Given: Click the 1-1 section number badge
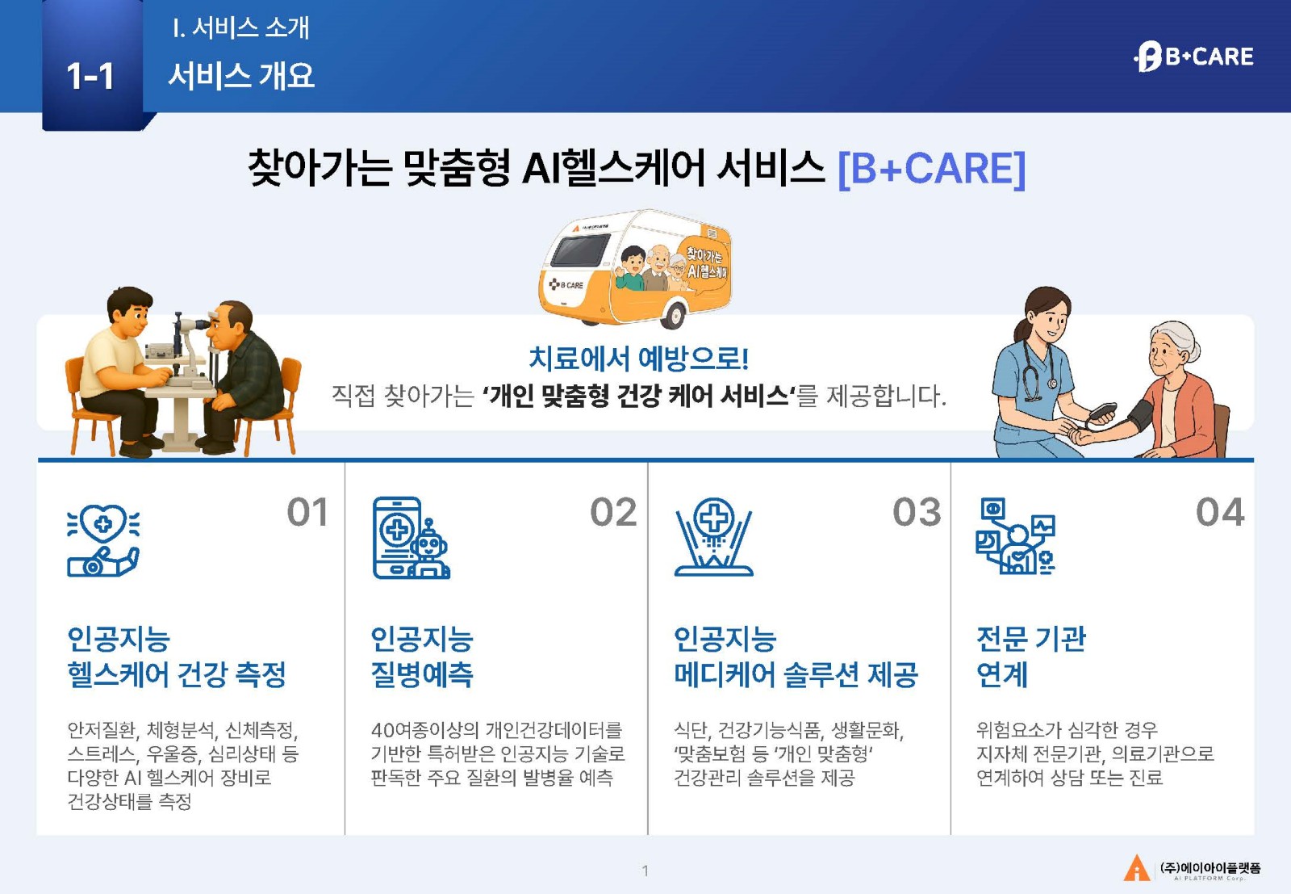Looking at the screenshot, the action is tap(92, 65).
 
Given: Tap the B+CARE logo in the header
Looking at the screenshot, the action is tap(1193, 57).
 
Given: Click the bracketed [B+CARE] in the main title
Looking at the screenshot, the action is tap(931, 169).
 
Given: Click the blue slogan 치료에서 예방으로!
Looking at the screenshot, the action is tap(638, 359).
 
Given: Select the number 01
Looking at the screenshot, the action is tap(307, 512).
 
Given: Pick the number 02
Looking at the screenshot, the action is tap(612, 512).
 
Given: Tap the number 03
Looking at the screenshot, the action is tap(917, 512).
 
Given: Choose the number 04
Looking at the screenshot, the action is tap(1219, 512).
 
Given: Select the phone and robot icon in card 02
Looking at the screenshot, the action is tap(411, 538).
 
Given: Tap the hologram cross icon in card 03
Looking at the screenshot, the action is tap(713, 536).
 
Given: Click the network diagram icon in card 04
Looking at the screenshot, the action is tap(1016, 536).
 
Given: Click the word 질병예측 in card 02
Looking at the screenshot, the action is tap(422, 674).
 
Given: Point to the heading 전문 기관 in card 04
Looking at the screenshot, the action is tap(1030, 639).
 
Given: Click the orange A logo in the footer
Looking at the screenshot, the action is tap(1137, 867).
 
